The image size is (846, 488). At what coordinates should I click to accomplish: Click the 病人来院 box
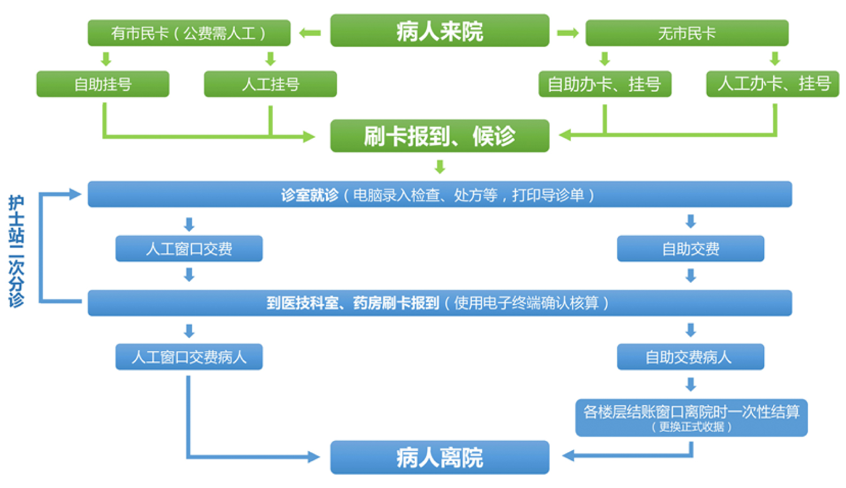point(439,31)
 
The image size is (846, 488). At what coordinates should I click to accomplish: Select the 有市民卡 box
point(188,33)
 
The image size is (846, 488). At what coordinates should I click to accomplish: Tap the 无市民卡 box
point(687,33)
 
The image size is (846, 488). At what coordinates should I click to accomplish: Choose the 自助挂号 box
point(103,84)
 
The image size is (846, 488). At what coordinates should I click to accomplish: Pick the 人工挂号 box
point(270,84)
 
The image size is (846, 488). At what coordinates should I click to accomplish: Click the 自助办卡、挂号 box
point(604,84)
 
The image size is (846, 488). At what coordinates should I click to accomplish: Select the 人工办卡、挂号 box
point(772,84)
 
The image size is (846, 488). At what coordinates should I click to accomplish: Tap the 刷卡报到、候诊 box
point(439,136)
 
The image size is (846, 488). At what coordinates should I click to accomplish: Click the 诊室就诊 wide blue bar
point(439,195)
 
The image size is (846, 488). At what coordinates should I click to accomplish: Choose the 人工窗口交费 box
point(189,249)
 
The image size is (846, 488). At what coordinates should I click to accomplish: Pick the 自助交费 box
point(690,249)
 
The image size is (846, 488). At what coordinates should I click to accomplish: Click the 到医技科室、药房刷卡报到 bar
point(439,303)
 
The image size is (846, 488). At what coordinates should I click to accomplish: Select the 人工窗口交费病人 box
point(189,357)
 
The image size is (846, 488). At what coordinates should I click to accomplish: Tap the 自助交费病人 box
point(690,357)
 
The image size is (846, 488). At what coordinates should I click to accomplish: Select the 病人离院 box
point(439,458)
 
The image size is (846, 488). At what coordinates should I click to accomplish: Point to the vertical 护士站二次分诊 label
point(16,251)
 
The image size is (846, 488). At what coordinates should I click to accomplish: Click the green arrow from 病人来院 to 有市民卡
point(310,33)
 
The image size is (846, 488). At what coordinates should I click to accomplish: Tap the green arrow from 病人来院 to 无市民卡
point(567,33)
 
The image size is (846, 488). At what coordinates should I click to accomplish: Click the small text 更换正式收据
point(691,427)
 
